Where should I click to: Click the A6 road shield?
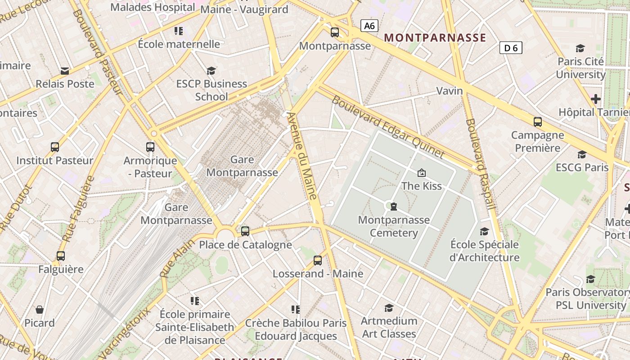369,26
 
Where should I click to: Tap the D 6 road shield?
511,47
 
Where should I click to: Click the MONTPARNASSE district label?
435,37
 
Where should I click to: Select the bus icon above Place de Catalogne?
245,231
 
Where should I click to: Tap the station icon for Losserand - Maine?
318,260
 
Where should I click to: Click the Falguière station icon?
61,256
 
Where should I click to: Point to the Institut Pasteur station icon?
55,147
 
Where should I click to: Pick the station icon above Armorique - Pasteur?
150,147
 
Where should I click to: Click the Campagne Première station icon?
537,121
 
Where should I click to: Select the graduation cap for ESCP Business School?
211,70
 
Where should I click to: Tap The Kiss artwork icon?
422,172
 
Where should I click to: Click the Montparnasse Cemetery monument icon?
394,207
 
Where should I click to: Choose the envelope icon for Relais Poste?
65,71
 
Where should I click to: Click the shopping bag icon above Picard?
40,310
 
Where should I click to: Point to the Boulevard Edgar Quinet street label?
388,127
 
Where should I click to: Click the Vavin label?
450,91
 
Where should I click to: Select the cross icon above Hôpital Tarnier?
596,99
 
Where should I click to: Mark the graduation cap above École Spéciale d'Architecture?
484,231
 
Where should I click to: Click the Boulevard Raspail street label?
481,163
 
